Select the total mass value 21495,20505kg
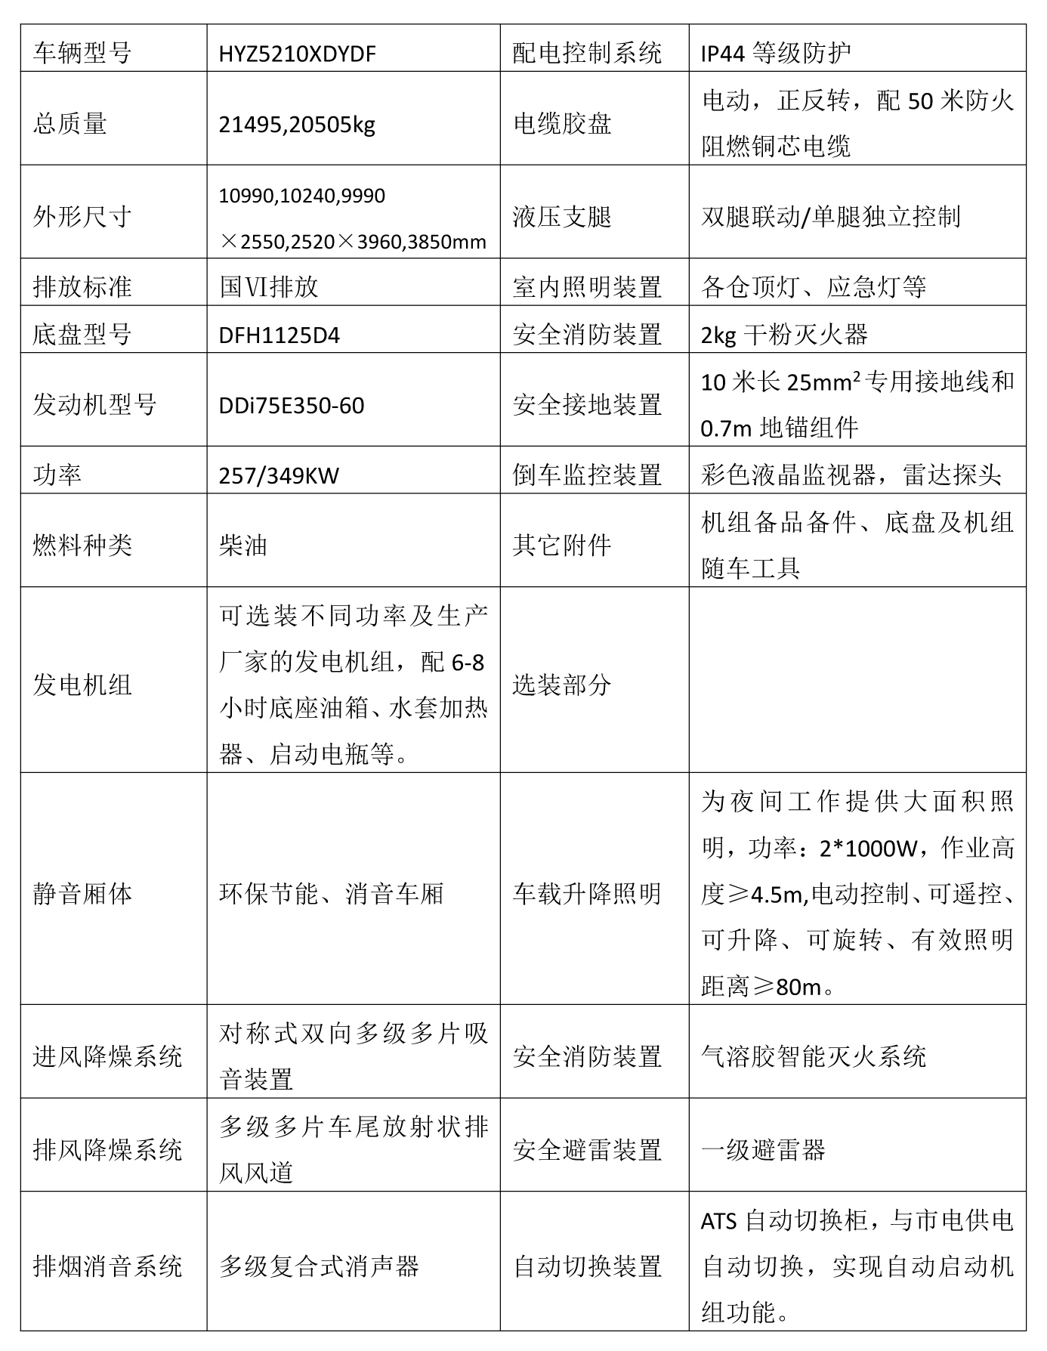point(297,125)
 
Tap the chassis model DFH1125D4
point(280,335)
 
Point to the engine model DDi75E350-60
point(292,406)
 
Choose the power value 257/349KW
point(279,475)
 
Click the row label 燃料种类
point(82,546)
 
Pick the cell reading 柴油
point(243,546)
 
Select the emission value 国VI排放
point(269,287)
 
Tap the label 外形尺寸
point(82,218)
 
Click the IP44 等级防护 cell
point(776,53)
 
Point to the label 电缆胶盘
point(562,124)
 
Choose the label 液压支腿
point(562,218)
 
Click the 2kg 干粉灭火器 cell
point(784,335)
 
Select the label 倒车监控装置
point(587,475)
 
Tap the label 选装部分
point(562,685)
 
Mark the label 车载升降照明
point(587,895)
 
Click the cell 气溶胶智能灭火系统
point(814,1056)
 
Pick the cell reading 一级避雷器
point(764,1150)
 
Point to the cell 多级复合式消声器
point(319,1266)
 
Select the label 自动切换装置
point(587,1266)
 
